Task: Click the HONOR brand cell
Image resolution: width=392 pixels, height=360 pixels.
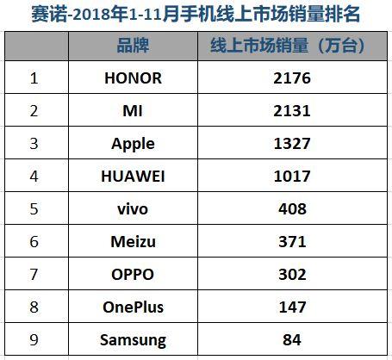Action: coord(133,78)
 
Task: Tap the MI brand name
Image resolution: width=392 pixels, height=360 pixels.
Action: coord(133,111)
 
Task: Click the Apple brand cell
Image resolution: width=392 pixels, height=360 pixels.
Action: coord(133,144)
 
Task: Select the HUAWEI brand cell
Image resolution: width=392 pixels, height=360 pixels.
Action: coord(133,177)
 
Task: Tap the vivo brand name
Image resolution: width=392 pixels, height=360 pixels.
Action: coord(133,209)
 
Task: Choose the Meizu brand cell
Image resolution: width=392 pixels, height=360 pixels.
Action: coord(133,242)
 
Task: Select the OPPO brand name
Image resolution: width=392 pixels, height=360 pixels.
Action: coord(133,275)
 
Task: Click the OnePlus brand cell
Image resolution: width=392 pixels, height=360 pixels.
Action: coord(133,307)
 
